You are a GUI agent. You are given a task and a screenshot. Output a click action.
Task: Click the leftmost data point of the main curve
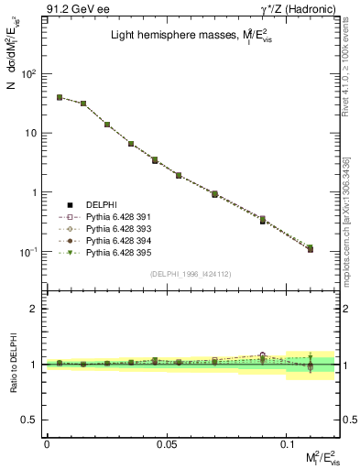pos(60,97)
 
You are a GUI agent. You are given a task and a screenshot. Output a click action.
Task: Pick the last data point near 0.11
pos(310,248)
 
